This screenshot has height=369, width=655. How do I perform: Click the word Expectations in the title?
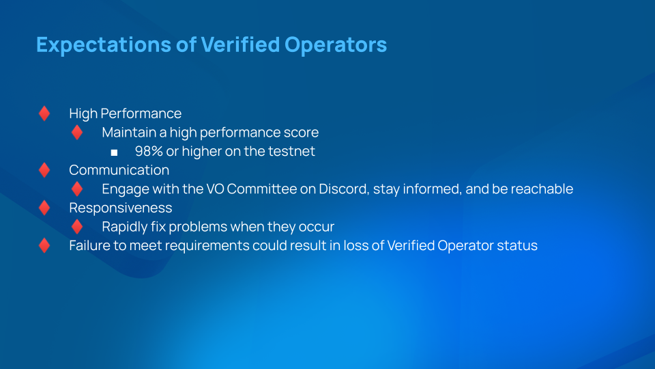(x=104, y=45)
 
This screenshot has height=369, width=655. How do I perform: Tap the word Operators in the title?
(x=336, y=45)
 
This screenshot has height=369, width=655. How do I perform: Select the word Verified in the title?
(x=240, y=44)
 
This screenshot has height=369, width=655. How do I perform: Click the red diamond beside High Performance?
(x=44, y=113)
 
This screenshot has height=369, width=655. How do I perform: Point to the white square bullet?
(x=114, y=152)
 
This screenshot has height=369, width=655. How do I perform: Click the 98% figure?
(x=149, y=151)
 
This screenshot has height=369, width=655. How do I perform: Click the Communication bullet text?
(x=119, y=170)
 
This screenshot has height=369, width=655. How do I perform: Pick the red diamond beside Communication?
(x=44, y=170)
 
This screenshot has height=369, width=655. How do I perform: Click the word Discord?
(x=344, y=189)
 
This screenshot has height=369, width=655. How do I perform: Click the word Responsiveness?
(x=121, y=208)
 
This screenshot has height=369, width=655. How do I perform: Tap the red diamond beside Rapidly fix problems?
(x=77, y=227)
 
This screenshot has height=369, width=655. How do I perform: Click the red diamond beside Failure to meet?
(x=44, y=245)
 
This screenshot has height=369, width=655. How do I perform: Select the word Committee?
(x=262, y=189)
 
